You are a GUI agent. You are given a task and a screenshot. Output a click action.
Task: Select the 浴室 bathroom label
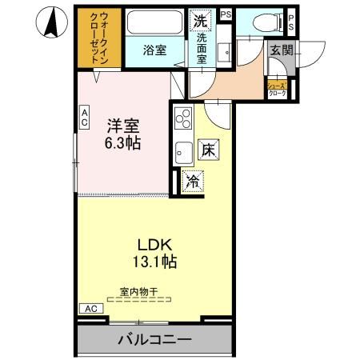coord(154,50)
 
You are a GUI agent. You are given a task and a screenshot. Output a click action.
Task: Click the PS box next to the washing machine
coord(226,14)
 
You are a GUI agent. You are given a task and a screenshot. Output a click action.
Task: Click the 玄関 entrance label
coord(282,50)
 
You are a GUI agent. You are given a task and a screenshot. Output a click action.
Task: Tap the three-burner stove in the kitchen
coord(183,119)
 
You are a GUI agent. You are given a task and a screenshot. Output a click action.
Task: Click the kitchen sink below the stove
coord(182,150)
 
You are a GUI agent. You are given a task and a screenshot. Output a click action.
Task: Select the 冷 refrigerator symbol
coord(193,182)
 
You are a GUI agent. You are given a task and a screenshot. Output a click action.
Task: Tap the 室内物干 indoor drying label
coord(134,292)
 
